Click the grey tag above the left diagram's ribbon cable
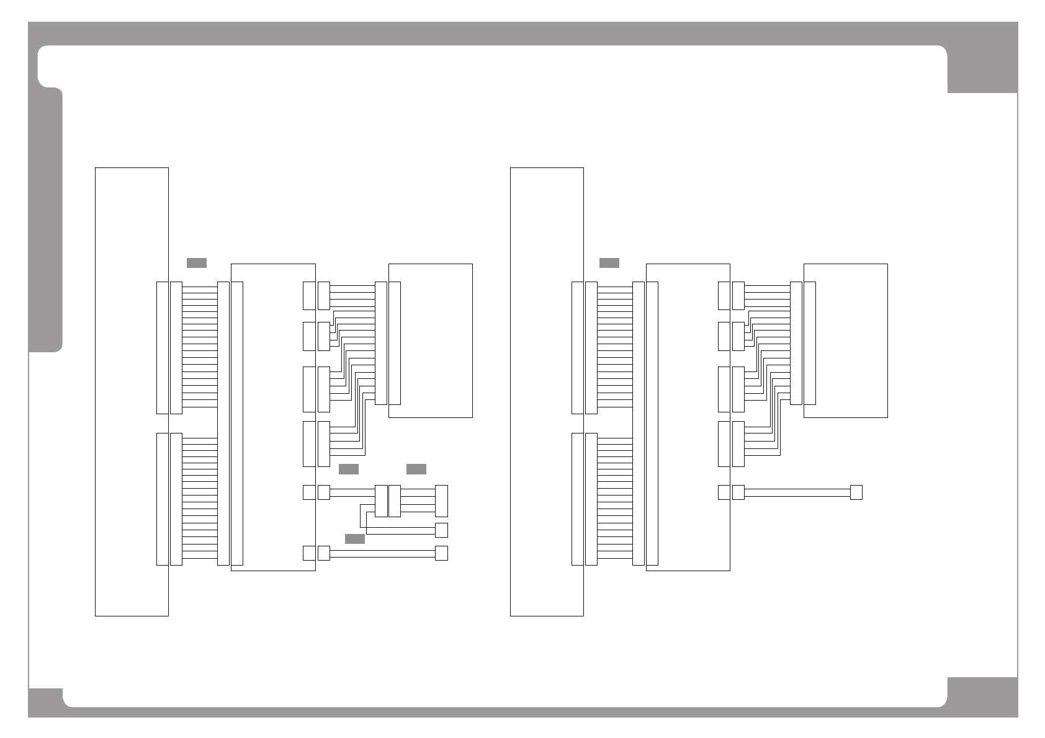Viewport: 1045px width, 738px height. click(x=196, y=263)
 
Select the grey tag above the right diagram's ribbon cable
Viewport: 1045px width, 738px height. click(x=609, y=263)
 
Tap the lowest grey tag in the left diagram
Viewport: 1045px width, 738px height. click(x=354, y=539)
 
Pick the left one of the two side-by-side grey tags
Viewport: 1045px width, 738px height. click(x=349, y=469)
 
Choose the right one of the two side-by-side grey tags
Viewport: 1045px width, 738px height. click(x=416, y=469)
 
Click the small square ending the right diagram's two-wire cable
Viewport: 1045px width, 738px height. click(x=856, y=492)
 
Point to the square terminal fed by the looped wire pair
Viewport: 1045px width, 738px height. click(x=441, y=530)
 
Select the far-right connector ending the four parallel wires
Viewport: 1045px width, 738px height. click(x=441, y=501)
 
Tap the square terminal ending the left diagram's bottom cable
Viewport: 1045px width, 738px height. click(x=441, y=553)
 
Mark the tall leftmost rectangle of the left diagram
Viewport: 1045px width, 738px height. click(x=132, y=391)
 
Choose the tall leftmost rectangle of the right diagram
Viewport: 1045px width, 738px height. click(x=547, y=391)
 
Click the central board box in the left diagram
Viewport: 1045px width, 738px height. click(x=273, y=417)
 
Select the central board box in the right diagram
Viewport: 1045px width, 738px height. click(x=688, y=417)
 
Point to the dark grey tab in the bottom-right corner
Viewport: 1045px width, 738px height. click(x=982, y=696)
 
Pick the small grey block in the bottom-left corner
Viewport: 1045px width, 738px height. click(x=45, y=703)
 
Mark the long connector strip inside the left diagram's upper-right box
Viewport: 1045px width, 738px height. click(x=394, y=343)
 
